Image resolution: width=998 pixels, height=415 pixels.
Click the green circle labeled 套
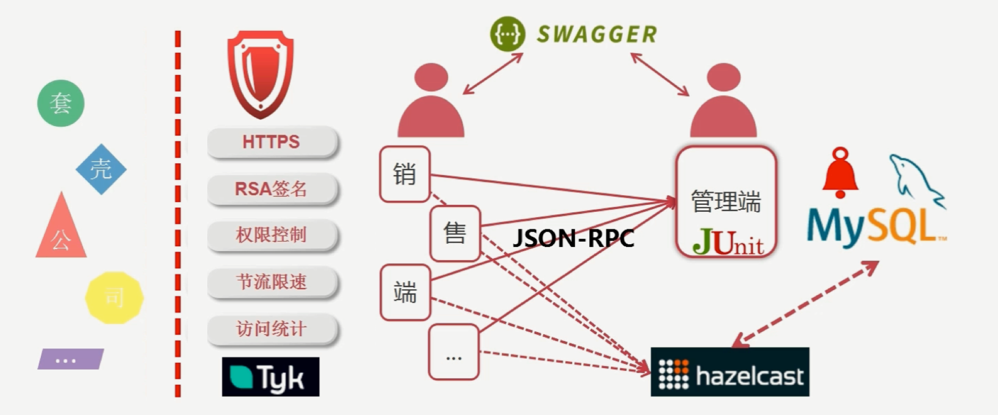tap(61, 103)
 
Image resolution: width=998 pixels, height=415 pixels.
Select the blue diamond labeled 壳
tap(101, 169)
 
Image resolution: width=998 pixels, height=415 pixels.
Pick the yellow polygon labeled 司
tap(114, 297)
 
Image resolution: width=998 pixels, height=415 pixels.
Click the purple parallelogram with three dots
tap(70, 359)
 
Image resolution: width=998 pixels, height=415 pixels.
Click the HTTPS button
tap(272, 142)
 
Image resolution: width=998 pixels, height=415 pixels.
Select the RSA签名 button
tap(272, 189)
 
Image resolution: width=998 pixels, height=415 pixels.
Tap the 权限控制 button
tap(272, 235)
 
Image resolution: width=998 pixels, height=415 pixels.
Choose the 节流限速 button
tap(272, 281)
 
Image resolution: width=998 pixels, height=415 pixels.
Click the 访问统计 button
tap(272, 329)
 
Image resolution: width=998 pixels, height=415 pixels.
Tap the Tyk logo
tap(270, 377)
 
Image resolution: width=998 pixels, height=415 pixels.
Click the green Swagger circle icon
tap(508, 34)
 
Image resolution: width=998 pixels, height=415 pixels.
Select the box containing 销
tap(404, 175)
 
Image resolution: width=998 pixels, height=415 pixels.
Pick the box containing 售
tap(455, 234)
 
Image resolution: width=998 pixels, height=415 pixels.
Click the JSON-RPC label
tap(573, 238)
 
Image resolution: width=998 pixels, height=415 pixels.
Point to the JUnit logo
tap(728, 242)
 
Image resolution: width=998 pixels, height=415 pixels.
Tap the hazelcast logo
tap(730, 372)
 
